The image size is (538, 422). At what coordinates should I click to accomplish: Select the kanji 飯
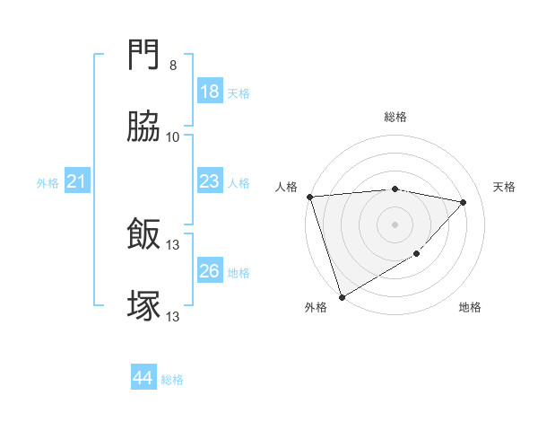[x=143, y=235]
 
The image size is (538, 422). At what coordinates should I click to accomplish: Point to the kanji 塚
[x=143, y=305]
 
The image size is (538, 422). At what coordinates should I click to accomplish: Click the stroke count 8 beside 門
[x=173, y=66]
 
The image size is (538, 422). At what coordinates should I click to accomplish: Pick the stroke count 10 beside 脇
[x=173, y=136]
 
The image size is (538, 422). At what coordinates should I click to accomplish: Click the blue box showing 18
[x=209, y=92]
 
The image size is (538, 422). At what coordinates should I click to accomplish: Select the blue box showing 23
[x=209, y=182]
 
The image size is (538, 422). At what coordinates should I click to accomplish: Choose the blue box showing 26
[x=209, y=271]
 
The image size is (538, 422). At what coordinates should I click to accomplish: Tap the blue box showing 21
[x=77, y=182]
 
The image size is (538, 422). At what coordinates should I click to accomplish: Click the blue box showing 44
[x=143, y=379]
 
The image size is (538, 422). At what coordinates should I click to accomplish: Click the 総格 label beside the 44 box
[x=172, y=380]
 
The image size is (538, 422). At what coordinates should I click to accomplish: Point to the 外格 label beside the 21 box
[x=48, y=183]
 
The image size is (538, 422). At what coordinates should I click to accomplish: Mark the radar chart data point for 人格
[x=309, y=197]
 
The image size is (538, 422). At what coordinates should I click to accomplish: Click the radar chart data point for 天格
[x=464, y=202]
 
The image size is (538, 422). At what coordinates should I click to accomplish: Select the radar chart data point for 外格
[x=342, y=296]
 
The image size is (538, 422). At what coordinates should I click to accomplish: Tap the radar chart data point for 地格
[x=417, y=254]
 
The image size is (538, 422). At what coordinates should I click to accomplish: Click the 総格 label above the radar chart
[x=395, y=117]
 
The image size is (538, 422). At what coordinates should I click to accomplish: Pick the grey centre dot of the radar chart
[x=395, y=224]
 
